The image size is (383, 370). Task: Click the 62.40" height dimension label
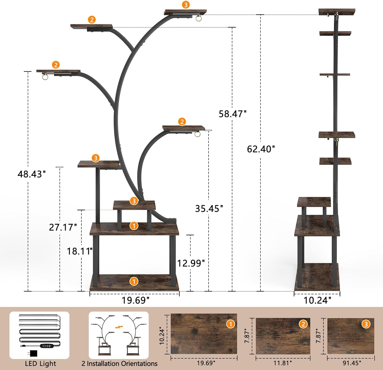(261, 149)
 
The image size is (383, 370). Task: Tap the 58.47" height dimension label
(232, 114)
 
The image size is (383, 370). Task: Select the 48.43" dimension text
(31, 174)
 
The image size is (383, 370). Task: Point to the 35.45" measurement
(209, 209)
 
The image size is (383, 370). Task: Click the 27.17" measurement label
(63, 227)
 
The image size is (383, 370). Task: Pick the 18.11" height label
(79, 251)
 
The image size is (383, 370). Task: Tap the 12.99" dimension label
(191, 263)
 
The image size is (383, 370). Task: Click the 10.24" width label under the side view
(317, 300)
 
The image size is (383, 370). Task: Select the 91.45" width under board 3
(352, 363)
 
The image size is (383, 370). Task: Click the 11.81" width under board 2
(283, 363)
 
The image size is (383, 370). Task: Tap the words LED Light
(40, 364)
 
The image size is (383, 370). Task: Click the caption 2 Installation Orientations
(119, 364)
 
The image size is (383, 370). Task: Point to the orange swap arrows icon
(119, 327)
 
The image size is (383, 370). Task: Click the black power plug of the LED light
(33, 353)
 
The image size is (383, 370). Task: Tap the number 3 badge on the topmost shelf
(186, 5)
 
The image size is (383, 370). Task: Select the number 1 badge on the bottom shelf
(134, 281)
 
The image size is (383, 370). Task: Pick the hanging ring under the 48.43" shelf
(45, 77)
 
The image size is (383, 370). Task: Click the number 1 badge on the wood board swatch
(230, 324)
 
